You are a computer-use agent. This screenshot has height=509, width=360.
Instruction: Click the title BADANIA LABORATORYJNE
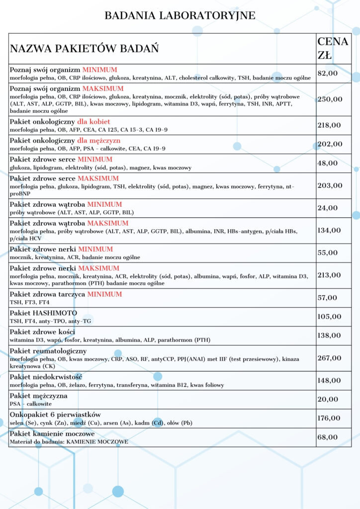pyautogui.click(x=180, y=16)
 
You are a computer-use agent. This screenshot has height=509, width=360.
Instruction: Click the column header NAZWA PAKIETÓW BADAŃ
pyautogui.click(x=84, y=49)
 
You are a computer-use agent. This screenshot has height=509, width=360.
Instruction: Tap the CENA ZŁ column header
pyautogui.click(x=333, y=48)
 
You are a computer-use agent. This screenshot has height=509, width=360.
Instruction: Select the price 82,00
pyautogui.click(x=328, y=73)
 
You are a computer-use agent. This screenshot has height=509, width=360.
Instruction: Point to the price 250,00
pyautogui.click(x=330, y=99)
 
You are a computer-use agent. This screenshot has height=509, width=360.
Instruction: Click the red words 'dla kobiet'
pyautogui.click(x=93, y=122)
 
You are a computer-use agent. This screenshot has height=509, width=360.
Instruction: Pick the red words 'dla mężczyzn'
pyautogui.click(x=98, y=141)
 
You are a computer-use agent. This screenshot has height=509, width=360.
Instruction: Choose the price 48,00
pyautogui.click(x=328, y=163)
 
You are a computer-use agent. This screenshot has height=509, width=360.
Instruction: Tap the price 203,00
pyautogui.click(x=330, y=185)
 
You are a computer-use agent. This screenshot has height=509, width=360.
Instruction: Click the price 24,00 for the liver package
pyautogui.click(x=328, y=208)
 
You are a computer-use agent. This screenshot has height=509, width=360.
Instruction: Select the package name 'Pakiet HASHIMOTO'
pyautogui.click(x=43, y=313)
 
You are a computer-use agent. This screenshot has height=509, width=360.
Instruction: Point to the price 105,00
pyautogui.click(x=330, y=317)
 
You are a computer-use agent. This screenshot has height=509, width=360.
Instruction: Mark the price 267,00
pyautogui.click(x=330, y=358)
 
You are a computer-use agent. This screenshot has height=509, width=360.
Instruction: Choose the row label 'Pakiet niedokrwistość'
pyautogui.click(x=46, y=377)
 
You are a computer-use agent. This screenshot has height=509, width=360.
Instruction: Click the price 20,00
pyautogui.click(x=328, y=399)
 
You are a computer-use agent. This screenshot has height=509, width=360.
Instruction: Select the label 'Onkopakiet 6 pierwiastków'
pyautogui.click(x=55, y=415)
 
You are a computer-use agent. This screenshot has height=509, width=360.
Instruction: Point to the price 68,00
pyautogui.click(x=328, y=437)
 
